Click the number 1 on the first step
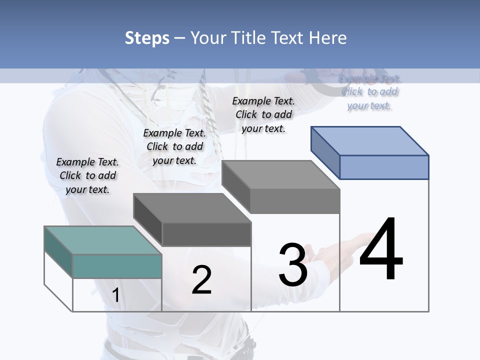click(x=116, y=295)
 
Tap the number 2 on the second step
click(x=202, y=280)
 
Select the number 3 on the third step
click(x=293, y=265)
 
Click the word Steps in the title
click(x=146, y=38)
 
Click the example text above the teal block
click(x=87, y=175)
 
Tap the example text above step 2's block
click(x=174, y=146)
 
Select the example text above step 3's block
click(x=263, y=114)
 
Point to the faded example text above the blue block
click(x=369, y=92)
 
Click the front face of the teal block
click(x=117, y=266)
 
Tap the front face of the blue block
click(x=384, y=167)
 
